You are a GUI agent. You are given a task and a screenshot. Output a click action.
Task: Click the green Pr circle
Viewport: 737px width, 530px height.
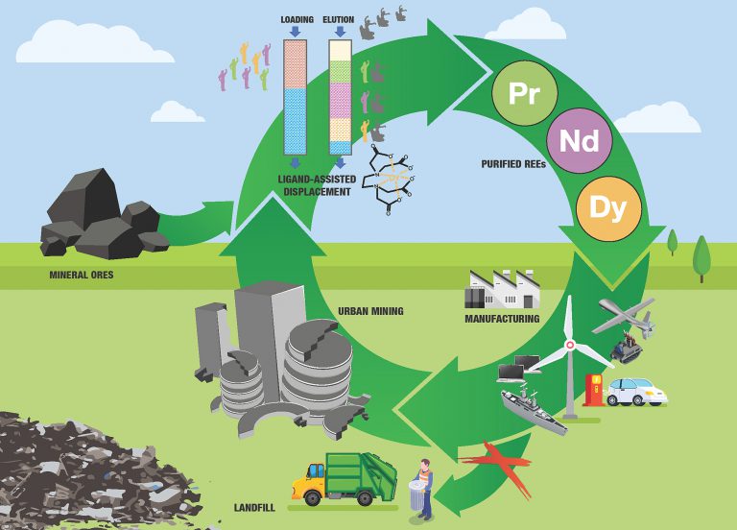coord(524,93)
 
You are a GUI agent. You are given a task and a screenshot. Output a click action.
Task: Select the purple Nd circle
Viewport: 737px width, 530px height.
coord(579,141)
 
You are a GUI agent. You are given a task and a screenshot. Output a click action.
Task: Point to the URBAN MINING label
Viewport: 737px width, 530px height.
coord(370,311)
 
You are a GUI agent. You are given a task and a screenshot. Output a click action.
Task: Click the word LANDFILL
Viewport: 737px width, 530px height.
coord(256,507)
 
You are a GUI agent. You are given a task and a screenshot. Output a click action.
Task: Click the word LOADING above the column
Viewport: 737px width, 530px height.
coord(297,19)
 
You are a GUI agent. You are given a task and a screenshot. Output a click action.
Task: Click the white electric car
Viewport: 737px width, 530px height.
coord(634,391)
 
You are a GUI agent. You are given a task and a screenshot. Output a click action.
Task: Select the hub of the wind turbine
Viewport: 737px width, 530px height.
coord(569,344)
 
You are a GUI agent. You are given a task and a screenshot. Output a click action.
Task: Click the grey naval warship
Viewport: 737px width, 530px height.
coord(534,406)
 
